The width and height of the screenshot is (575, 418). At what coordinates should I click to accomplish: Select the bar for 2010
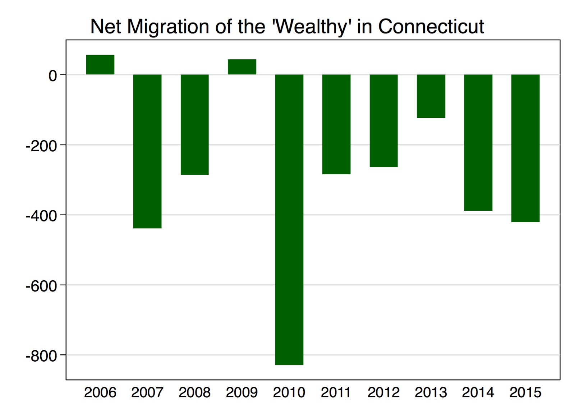point(289,219)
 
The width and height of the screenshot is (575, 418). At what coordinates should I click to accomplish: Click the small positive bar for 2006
point(100,65)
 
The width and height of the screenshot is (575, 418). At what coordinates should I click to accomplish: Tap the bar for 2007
point(147,151)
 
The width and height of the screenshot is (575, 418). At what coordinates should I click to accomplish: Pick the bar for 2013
point(431,96)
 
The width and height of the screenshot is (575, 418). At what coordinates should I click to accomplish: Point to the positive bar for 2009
point(242,67)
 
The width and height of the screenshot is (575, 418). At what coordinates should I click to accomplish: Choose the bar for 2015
point(525,148)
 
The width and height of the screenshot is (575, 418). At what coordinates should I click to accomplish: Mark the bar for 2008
point(194,124)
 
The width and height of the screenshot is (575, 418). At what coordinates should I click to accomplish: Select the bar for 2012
point(383,120)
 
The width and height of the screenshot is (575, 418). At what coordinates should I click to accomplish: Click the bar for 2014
point(478,142)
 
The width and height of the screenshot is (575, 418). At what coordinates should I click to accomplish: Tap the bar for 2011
point(336,124)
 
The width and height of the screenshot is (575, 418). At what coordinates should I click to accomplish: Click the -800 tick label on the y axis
point(41,356)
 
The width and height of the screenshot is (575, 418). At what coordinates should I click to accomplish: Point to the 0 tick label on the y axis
point(52,76)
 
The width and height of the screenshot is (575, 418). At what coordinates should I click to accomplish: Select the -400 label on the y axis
point(41,216)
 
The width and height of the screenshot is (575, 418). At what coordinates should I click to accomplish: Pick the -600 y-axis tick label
point(41,286)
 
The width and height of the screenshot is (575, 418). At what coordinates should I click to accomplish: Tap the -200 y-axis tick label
point(41,146)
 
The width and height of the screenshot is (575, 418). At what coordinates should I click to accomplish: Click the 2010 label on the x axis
point(289,392)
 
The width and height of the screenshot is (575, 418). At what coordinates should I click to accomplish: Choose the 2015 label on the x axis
point(525,392)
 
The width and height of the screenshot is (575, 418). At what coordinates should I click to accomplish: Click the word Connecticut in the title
point(431,27)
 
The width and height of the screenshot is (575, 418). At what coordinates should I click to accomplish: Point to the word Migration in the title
point(168,27)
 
